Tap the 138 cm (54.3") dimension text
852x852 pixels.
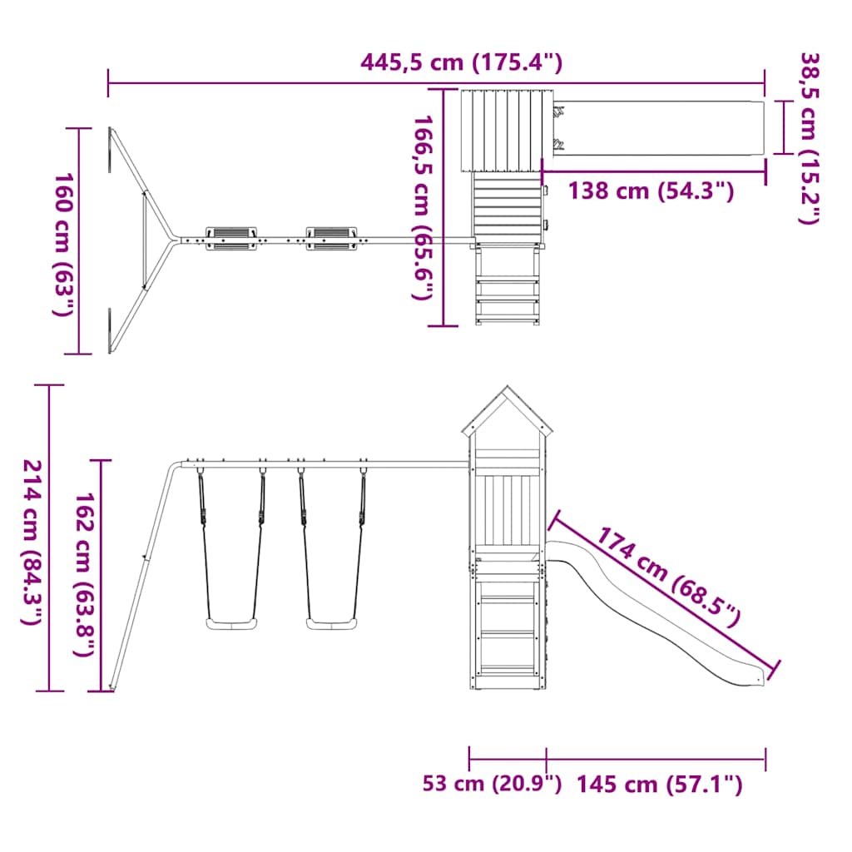[651, 191]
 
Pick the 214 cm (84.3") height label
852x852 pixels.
[32, 542]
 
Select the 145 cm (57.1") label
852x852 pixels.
[659, 783]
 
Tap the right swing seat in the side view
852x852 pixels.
[333, 623]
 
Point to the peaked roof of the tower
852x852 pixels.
[508, 412]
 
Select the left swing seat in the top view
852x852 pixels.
[231, 237]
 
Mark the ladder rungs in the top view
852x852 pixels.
[507, 288]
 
